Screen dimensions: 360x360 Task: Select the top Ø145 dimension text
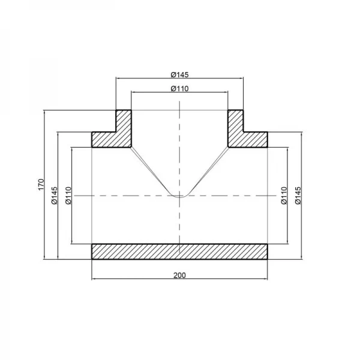(x=180, y=74)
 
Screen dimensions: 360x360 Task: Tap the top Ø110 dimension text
(x=180, y=88)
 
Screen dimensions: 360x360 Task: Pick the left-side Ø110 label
(x=68, y=196)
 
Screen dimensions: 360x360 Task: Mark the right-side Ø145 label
(x=298, y=196)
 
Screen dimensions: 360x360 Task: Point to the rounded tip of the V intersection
(x=180, y=194)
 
